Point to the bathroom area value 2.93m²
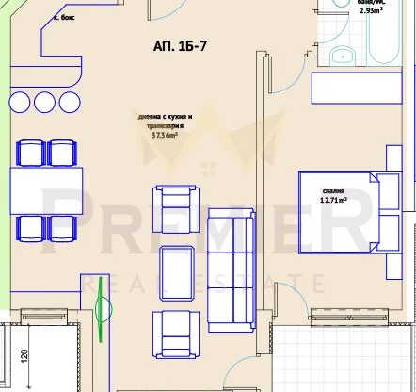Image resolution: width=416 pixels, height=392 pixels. pos(370,13)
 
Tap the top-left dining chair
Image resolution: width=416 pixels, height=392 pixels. pos(31,153)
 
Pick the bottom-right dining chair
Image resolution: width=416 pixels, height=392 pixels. pos(62,227)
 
